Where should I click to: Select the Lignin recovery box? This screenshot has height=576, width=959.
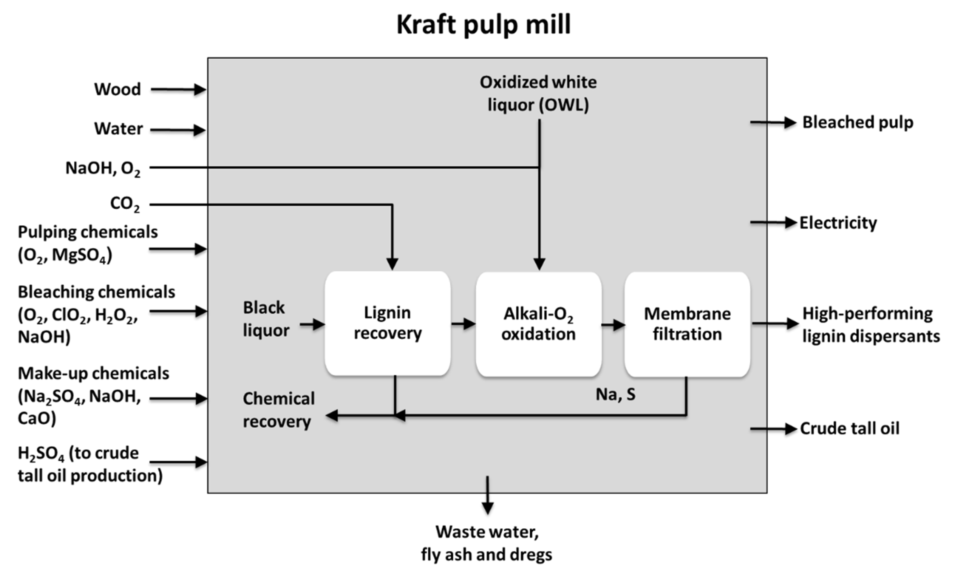(x=388, y=323)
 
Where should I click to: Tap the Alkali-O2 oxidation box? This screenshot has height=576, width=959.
(x=539, y=324)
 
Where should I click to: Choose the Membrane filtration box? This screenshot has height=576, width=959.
(x=687, y=324)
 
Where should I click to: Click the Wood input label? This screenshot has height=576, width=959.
(x=118, y=89)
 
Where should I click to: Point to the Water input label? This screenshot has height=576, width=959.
(x=118, y=129)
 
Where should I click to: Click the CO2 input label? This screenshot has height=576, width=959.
(x=125, y=204)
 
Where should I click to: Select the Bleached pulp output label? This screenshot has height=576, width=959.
(x=858, y=123)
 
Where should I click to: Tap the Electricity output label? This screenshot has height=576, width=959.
(x=838, y=223)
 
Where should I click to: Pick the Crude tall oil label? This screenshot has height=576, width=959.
(x=849, y=428)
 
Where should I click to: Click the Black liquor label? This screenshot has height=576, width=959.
(x=266, y=319)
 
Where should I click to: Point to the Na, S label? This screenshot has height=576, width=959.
(x=616, y=395)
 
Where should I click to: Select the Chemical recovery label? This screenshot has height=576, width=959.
(x=279, y=410)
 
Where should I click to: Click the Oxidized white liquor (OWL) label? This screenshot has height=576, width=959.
(x=538, y=94)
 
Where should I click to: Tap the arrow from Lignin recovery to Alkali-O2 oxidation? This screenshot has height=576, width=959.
(x=463, y=323)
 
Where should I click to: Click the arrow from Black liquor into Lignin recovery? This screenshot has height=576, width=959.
(x=312, y=324)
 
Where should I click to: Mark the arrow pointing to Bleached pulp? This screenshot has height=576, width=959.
(x=773, y=123)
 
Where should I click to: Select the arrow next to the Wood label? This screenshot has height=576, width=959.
(x=178, y=90)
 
